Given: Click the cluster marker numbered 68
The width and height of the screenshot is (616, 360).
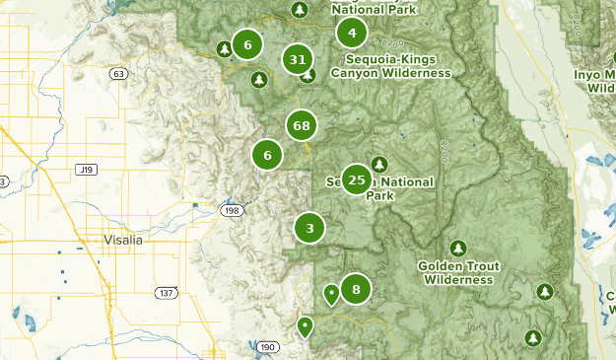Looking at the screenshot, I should point(302,126).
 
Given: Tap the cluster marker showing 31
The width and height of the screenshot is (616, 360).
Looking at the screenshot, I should point(297,59).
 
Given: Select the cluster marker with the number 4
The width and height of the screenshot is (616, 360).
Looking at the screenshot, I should point(352,34).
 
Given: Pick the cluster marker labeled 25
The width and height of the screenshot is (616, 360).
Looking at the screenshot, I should point(357,180).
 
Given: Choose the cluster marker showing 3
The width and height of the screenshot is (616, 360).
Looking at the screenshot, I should point(309,229).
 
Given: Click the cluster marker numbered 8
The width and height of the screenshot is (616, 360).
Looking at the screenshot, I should point(356,290).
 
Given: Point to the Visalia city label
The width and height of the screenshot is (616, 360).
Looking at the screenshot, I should point(123,240).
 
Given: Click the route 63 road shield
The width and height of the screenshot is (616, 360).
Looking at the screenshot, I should point(118,74).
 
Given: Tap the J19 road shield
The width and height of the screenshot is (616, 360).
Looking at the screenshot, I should point(85,170).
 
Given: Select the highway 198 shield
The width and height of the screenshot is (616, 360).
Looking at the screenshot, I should point(232,210).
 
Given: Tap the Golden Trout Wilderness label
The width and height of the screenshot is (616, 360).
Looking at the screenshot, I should point(455,273).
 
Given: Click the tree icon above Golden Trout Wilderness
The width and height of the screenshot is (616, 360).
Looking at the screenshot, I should point(456,248).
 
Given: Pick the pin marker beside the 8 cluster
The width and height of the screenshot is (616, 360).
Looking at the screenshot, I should point(331,292).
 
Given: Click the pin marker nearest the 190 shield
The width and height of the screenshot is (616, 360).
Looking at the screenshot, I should point(306,324).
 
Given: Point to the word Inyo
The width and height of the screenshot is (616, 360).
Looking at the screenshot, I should point(590,74).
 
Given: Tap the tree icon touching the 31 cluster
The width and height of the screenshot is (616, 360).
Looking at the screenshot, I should point(308,74).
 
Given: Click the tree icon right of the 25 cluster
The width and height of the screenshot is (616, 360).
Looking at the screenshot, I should point(379,165).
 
